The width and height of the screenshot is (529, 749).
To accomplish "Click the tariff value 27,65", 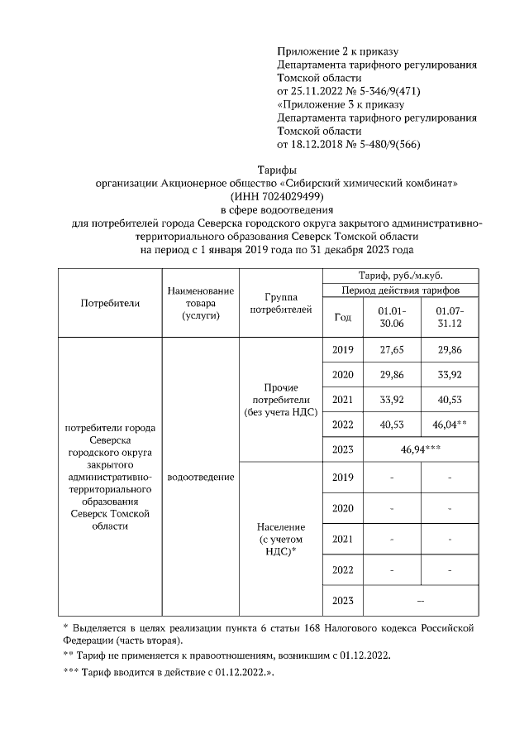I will pyautogui.click(x=392, y=350).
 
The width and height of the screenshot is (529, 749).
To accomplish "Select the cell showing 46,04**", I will pyautogui.click(x=450, y=425).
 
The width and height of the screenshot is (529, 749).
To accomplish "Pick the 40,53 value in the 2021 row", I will pyautogui.click(x=450, y=400).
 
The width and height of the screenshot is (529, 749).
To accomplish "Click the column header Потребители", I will pyautogui.click(x=110, y=303).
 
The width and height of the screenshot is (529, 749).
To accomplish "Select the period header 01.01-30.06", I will pyautogui.click(x=392, y=316).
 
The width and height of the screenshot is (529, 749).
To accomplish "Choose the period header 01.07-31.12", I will pyautogui.click(x=450, y=316).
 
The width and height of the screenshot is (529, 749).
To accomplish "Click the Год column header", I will pyautogui.click(x=342, y=316).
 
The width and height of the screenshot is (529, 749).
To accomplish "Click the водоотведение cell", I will pyautogui.click(x=200, y=478).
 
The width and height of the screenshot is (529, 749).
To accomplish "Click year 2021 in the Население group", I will pyautogui.click(x=342, y=539).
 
